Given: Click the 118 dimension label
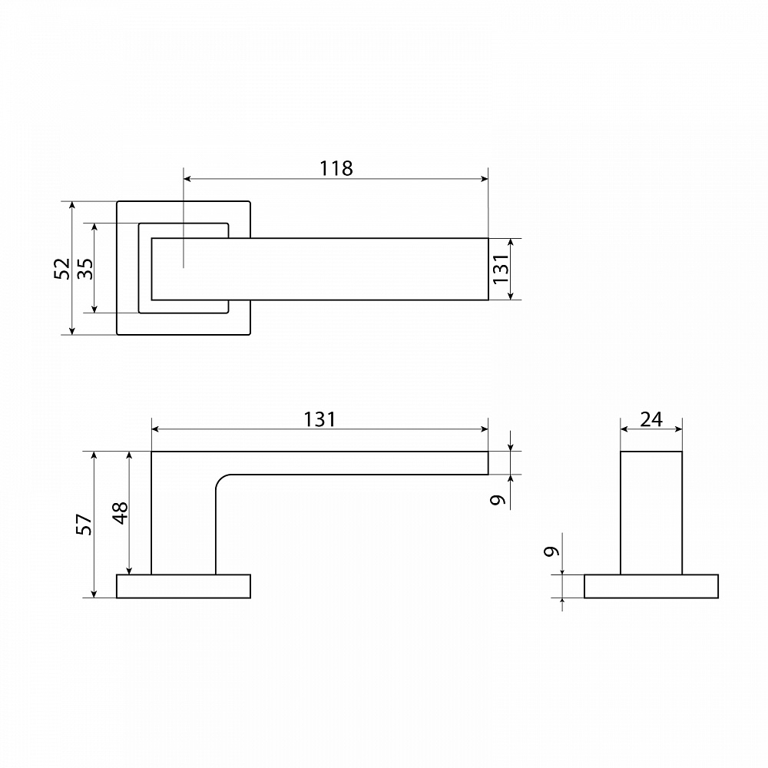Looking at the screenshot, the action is coord(336,168).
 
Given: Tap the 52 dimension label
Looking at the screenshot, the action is coord(62,268).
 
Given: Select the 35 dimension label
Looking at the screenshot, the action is coord(85,268).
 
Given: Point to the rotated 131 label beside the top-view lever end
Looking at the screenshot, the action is coord(501,268).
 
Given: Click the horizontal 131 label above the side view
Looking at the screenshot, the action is coord(319,419).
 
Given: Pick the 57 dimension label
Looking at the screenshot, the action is coord(84,524).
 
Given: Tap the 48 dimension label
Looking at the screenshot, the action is coord(120,513).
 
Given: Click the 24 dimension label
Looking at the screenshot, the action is coord(651,419).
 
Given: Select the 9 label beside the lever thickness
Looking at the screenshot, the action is coord(498,500).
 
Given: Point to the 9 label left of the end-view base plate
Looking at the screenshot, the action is coord(551,551).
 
